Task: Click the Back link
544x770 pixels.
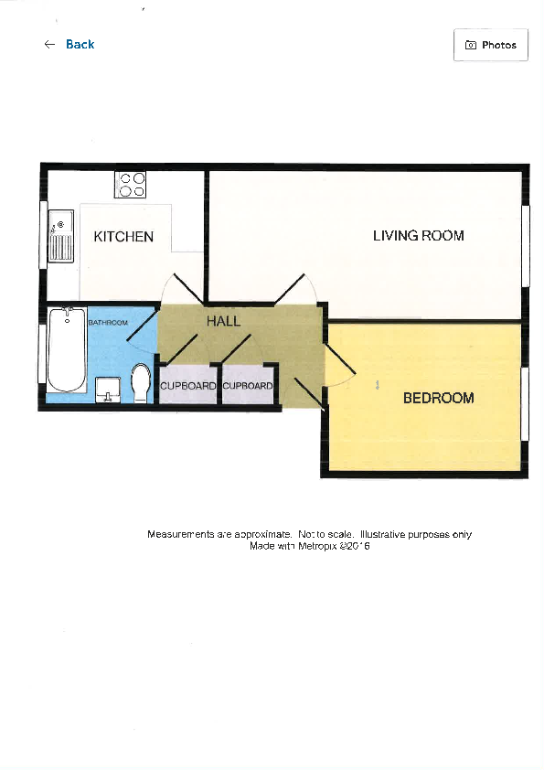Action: click(80, 45)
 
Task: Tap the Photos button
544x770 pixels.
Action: click(490, 45)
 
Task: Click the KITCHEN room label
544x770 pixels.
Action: click(123, 237)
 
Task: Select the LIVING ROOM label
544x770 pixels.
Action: click(418, 236)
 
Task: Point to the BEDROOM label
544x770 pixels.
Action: click(438, 399)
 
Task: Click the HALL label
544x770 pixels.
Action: click(223, 322)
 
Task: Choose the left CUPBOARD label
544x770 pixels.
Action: click(188, 387)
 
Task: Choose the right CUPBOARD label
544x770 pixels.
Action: click(248, 387)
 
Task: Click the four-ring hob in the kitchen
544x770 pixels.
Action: click(131, 185)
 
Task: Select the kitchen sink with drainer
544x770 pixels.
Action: click(61, 236)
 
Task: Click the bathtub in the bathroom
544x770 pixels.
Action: click(66, 350)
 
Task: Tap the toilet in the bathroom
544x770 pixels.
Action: click(141, 382)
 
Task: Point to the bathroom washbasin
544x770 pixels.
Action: click(108, 389)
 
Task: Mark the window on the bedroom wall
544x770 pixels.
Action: click(525, 402)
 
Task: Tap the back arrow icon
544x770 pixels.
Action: click(49, 45)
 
